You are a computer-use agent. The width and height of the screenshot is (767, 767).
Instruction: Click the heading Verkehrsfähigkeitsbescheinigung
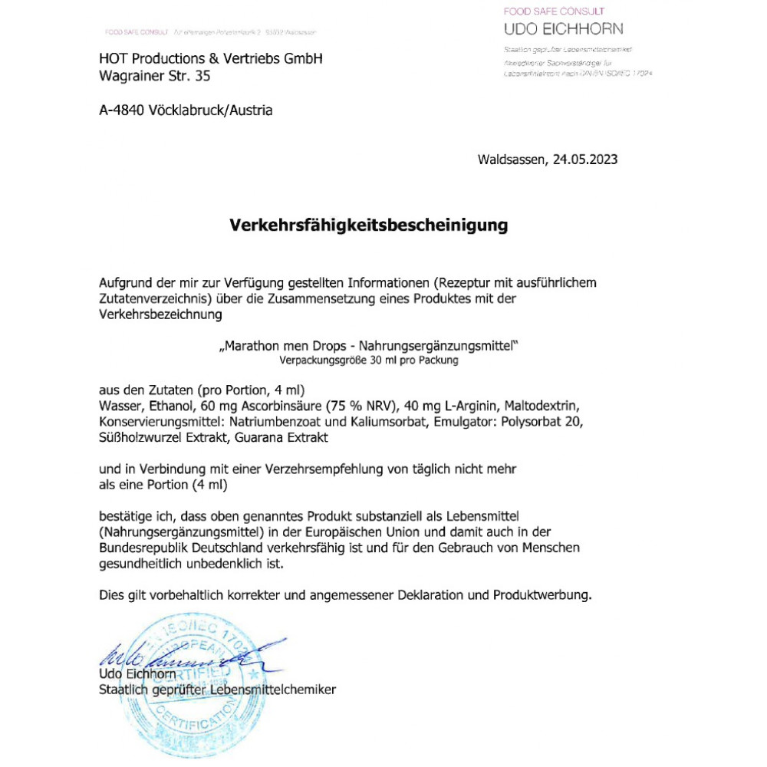369,225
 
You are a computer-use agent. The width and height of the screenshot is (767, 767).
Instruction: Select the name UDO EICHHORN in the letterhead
563,29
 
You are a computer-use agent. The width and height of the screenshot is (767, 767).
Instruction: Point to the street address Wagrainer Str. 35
154,76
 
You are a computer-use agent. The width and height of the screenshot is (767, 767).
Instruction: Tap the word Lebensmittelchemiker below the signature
275,690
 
